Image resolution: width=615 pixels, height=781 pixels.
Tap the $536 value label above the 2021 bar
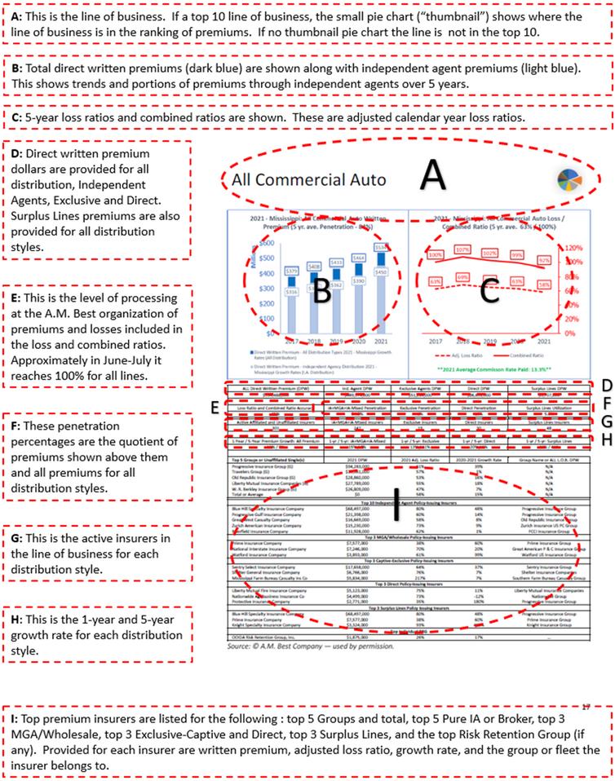click(x=381, y=246)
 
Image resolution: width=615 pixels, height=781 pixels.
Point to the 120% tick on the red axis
click(x=573, y=247)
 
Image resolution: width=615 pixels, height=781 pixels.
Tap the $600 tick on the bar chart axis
click(x=241, y=246)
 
